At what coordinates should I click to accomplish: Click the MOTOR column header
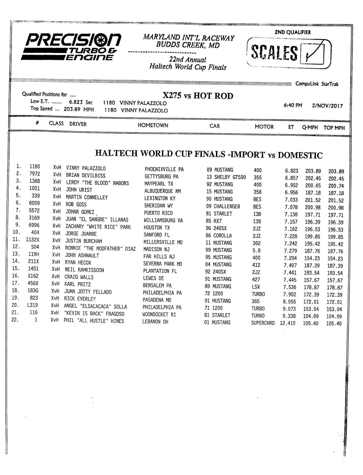[x=264, y=127]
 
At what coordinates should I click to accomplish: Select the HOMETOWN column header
[x=153, y=125]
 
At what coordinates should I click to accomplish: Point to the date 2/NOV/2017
[x=327, y=106]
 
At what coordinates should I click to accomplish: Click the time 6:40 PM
[x=293, y=106]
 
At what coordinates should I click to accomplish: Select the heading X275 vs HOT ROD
[x=198, y=96]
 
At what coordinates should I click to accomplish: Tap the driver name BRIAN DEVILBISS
[x=86, y=176]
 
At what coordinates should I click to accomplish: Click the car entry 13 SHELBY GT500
[x=226, y=177]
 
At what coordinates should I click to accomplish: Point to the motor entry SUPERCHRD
[x=263, y=323]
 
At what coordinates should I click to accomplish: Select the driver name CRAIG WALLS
[x=79, y=277]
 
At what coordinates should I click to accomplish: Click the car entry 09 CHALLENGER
[x=223, y=206]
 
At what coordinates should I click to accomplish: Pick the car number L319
[x=32, y=305]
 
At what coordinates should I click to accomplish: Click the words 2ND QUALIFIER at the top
[x=292, y=32]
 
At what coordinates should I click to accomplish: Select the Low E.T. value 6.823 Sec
[x=81, y=103]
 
